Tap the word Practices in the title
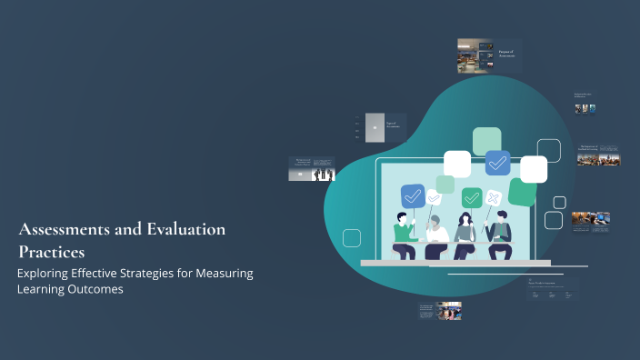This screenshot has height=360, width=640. (51, 251)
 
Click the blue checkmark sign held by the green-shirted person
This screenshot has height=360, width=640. (413, 195)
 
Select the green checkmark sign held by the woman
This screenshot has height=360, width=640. (471, 197)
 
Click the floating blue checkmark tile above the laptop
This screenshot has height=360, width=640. (497, 163)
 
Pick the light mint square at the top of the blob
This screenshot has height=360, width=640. (486, 141)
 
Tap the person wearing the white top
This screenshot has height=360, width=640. (437, 235)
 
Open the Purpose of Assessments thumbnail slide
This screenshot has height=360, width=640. (475, 55)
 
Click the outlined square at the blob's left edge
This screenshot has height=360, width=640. (351, 238)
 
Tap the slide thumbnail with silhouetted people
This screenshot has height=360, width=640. (312, 168)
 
